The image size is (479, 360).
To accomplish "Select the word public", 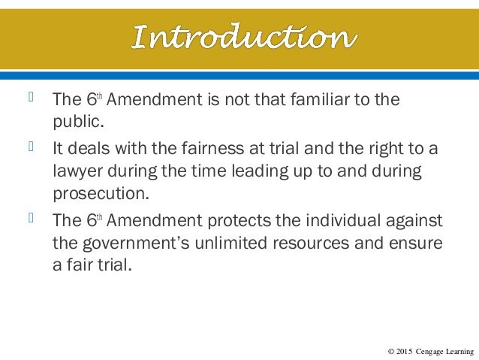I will coord(74,120).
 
